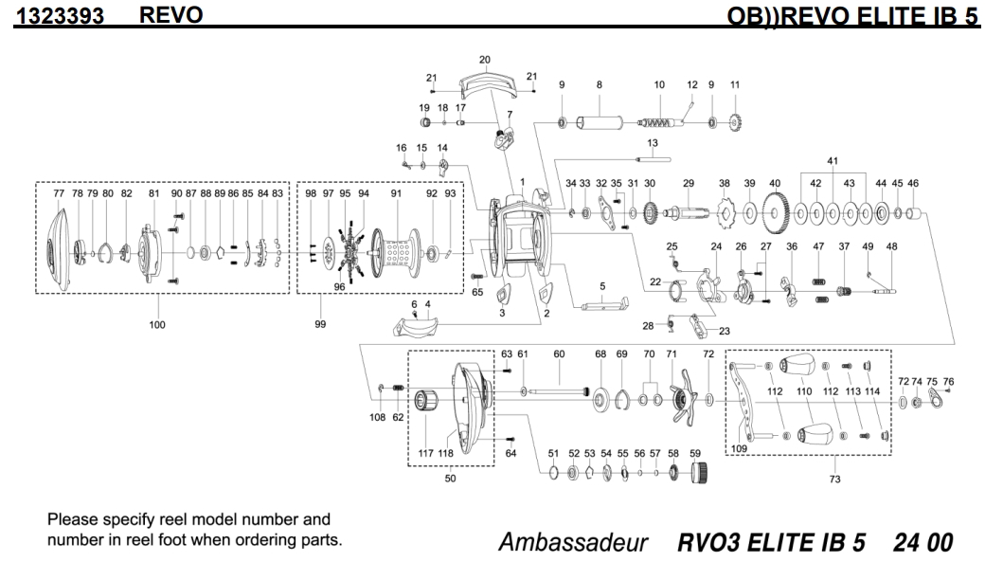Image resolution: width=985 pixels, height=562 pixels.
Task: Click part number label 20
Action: [x=485, y=60]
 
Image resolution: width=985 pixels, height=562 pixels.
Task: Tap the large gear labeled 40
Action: [x=775, y=213]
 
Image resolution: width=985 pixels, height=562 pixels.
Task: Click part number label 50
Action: [x=451, y=480]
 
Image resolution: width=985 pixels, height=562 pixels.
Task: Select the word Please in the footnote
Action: [x=71, y=519]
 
